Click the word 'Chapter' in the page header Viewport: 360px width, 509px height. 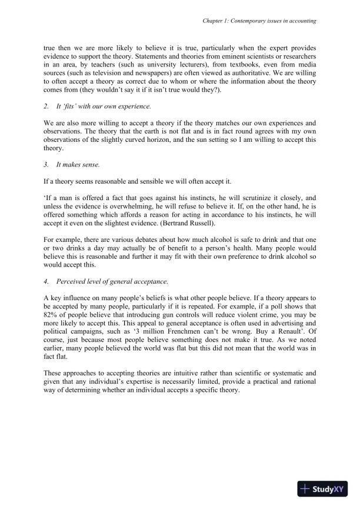tap(211, 20)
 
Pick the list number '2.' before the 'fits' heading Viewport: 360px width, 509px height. tap(47, 107)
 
